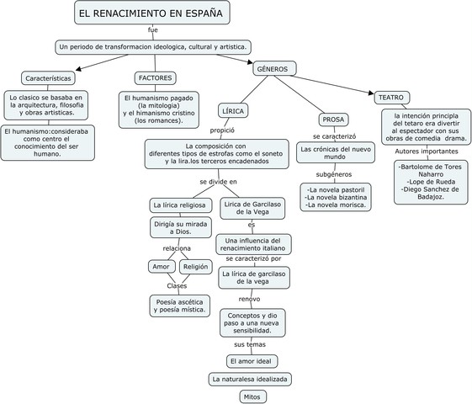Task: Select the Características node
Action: (47, 77)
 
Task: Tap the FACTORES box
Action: (156, 77)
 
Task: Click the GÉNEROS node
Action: (272, 68)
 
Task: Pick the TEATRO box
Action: (390, 98)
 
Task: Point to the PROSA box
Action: (334, 119)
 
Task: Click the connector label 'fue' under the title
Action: (152, 30)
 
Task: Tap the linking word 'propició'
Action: (223, 130)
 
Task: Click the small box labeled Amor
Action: (160, 267)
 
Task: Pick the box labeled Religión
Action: (195, 267)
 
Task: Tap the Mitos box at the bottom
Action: (252, 396)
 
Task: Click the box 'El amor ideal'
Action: (252, 361)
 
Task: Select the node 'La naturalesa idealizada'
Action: (251, 379)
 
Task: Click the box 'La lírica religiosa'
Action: (178, 205)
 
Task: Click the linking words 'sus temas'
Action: (250, 345)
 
